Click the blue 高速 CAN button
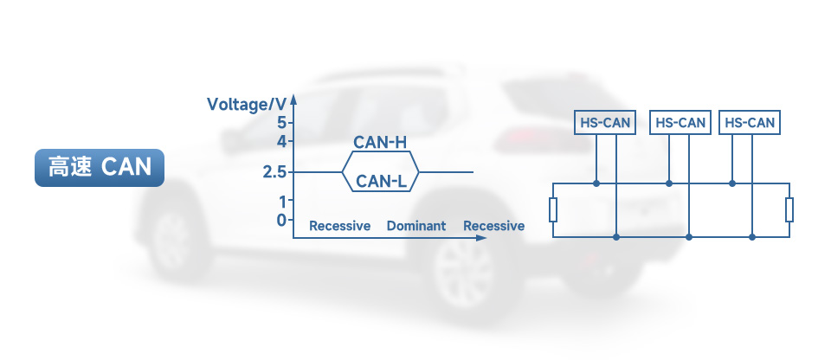pos(100,168)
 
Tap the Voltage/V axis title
pos(246,105)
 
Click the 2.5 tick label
pos(274,172)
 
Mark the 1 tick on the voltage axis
pos(281,202)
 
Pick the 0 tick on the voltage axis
pos(281,220)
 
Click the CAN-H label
pos(380,142)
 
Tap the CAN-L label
pos(380,182)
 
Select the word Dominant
pos(416,226)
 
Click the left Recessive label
pos(340,226)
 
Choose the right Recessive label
pos(493,226)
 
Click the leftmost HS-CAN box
pos(606,123)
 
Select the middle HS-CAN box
pos(680,123)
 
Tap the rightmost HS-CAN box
pos(750,123)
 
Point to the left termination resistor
pos(553,209)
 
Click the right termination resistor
pos(789,209)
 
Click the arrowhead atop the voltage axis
pos(294,96)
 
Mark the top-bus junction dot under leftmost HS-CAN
pos(596,183)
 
